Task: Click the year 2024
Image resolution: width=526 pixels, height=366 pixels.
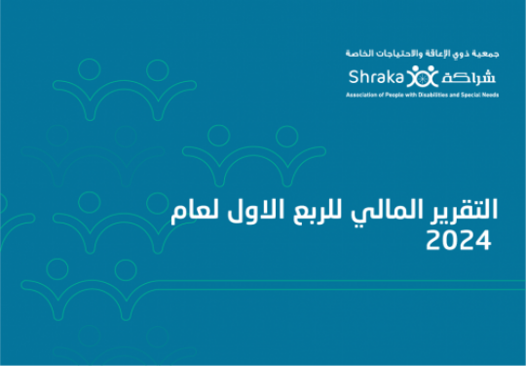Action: tap(459, 240)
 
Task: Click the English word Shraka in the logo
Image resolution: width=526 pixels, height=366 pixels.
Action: tap(376, 77)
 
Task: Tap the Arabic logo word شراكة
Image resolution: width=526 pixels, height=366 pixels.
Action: tap(469, 78)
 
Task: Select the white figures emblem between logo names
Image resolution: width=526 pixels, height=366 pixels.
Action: tap(423, 76)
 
